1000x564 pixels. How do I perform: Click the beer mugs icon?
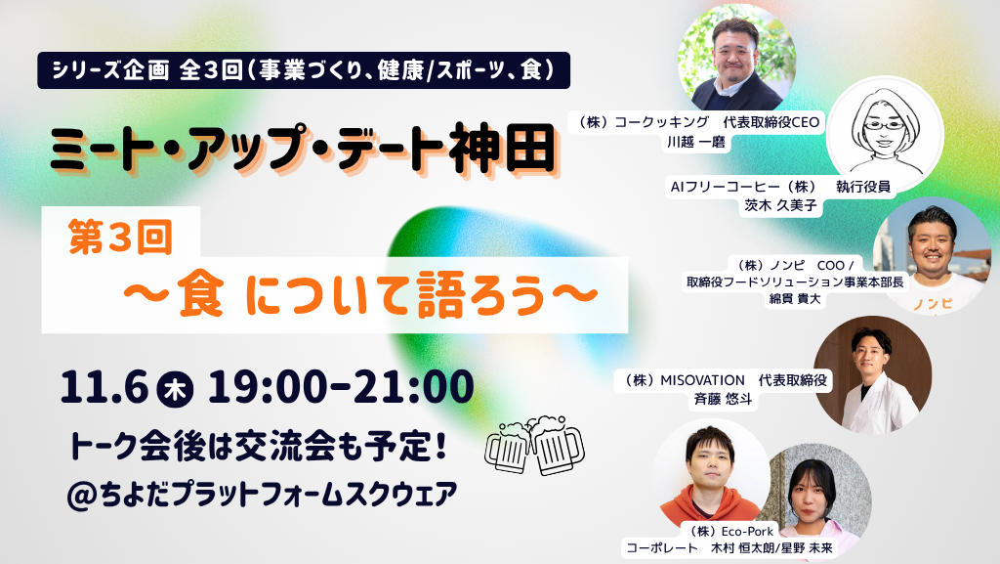(x=534, y=446)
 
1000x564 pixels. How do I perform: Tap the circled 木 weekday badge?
(x=176, y=389)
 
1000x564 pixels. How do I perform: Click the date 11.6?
(x=104, y=387)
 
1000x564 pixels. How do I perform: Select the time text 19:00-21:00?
(x=341, y=387)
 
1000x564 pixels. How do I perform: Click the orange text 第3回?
(x=120, y=237)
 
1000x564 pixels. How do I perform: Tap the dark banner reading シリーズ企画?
(x=304, y=70)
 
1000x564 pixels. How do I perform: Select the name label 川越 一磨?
(x=695, y=143)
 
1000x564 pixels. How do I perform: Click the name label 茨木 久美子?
(x=780, y=205)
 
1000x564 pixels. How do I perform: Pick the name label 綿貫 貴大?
(x=795, y=298)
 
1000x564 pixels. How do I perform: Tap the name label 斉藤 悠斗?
(x=724, y=400)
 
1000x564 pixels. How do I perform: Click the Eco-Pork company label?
(x=730, y=531)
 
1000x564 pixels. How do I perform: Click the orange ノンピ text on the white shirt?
(x=933, y=304)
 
